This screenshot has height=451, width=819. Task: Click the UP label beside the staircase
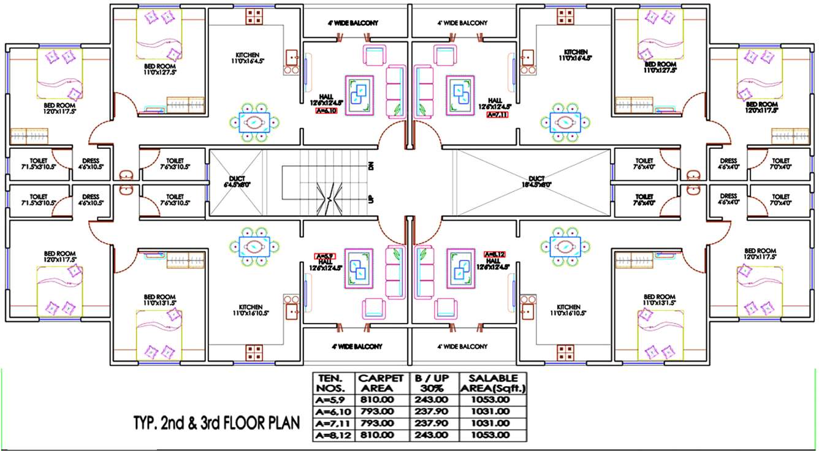tap(371, 200)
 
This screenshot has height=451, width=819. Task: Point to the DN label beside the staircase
tap(371, 165)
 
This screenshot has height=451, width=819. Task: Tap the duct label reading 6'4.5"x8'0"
tap(236, 181)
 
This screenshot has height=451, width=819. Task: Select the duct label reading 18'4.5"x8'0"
tap(536, 181)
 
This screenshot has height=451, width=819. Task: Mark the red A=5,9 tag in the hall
tap(324, 256)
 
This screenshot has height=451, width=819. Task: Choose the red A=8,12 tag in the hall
tap(494, 254)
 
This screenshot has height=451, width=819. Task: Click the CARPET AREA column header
tap(381, 383)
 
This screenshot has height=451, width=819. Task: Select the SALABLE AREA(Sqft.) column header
tap(492, 383)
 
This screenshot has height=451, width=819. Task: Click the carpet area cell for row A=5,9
tap(381, 400)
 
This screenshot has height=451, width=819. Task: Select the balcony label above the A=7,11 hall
tap(463, 23)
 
